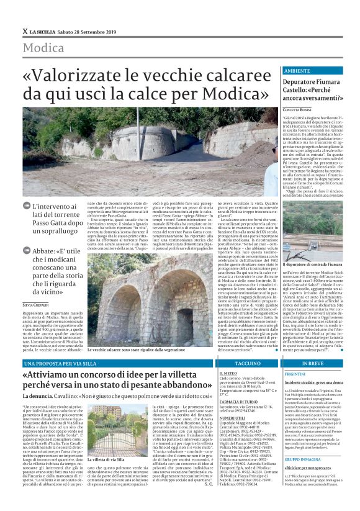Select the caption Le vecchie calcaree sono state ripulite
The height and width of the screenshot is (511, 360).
pyautogui.click(x=127, y=350)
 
